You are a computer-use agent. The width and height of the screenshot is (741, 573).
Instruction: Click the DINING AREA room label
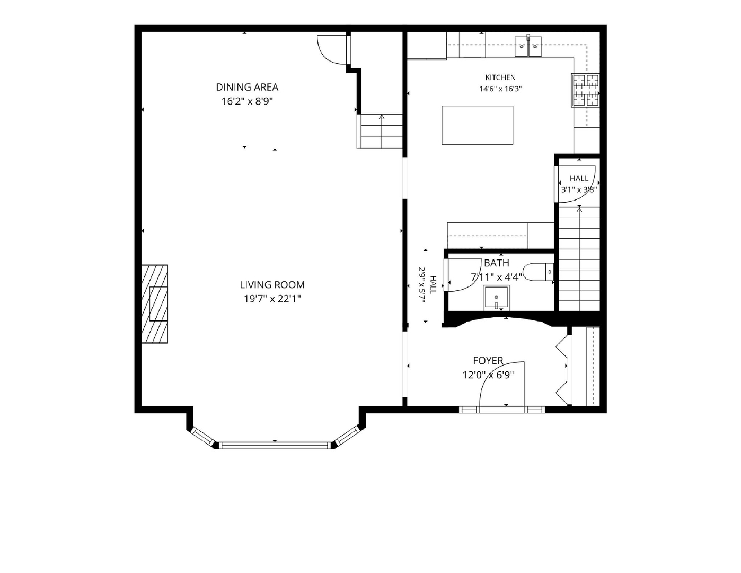247,87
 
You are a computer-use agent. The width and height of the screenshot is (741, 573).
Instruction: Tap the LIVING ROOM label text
272,284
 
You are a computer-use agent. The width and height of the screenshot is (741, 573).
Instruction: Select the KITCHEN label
500,77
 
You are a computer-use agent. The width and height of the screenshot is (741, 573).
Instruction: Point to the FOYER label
488,360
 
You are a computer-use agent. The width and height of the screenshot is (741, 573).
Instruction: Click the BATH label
497,263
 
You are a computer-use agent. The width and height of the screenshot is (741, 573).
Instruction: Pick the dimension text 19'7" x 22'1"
272,299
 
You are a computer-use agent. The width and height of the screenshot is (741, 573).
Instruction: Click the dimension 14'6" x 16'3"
500,89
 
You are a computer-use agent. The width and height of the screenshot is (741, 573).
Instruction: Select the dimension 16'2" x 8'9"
247,101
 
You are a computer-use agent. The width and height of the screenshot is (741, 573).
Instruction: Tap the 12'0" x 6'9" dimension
488,375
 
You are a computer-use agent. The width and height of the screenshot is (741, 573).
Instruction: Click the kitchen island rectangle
478,125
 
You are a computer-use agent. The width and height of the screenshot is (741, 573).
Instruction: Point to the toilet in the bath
538,272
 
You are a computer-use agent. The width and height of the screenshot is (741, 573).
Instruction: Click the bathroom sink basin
496,299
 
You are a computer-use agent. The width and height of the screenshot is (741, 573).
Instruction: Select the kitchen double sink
528,46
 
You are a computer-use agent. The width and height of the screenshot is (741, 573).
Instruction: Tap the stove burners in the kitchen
586,90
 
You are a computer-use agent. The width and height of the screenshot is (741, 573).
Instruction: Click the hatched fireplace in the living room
155,303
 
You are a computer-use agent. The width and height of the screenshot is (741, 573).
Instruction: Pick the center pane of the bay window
275,445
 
